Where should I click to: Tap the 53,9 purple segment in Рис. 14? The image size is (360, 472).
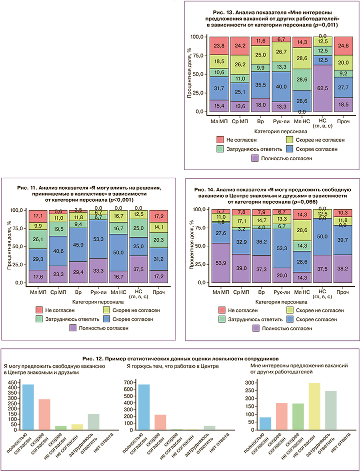coord(220,263)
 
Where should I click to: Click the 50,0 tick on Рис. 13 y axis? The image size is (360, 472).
coord(198,74)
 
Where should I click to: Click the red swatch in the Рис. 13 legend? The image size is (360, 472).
coord(219,139)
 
